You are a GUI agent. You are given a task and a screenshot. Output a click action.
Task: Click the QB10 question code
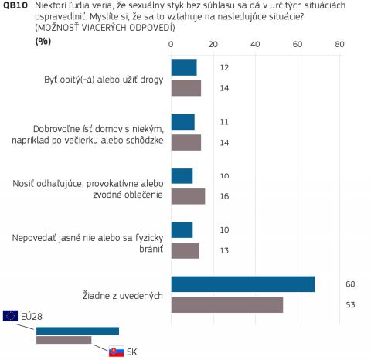[x=15, y=5]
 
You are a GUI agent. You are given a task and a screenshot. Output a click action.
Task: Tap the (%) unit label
[x=43, y=41]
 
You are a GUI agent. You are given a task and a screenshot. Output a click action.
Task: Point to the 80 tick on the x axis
[x=339, y=45]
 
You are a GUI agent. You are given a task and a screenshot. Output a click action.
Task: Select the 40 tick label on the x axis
[x=255, y=45]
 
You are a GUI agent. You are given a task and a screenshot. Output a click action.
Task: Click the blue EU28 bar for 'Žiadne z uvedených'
[x=243, y=284]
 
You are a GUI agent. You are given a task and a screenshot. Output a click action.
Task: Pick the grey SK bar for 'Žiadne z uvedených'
[x=227, y=305]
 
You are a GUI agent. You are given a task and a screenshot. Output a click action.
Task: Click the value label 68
[x=350, y=284]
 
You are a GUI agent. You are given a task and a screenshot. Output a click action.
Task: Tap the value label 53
[x=350, y=305]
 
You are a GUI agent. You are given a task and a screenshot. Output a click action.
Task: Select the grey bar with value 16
[x=188, y=196]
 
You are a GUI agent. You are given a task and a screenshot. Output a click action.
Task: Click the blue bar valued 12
[x=184, y=68]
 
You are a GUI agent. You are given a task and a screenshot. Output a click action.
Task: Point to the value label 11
[x=224, y=122]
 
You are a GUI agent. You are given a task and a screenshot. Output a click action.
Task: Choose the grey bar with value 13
[x=185, y=250]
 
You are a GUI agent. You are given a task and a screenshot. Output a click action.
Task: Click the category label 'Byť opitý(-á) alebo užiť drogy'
[x=104, y=80]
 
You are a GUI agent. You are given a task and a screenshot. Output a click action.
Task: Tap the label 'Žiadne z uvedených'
[x=123, y=295]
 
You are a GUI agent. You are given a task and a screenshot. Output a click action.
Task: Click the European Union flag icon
[x=10, y=316]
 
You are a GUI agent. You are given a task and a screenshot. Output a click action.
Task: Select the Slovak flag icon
[x=116, y=352]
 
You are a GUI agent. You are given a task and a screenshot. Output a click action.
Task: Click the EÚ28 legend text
[x=32, y=317]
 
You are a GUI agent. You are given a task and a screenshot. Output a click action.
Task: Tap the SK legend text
[x=131, y=352]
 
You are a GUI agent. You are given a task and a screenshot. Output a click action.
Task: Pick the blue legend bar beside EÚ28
[x=77, y=331]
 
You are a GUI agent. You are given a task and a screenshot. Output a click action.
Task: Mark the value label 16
[x=224, y=196]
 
